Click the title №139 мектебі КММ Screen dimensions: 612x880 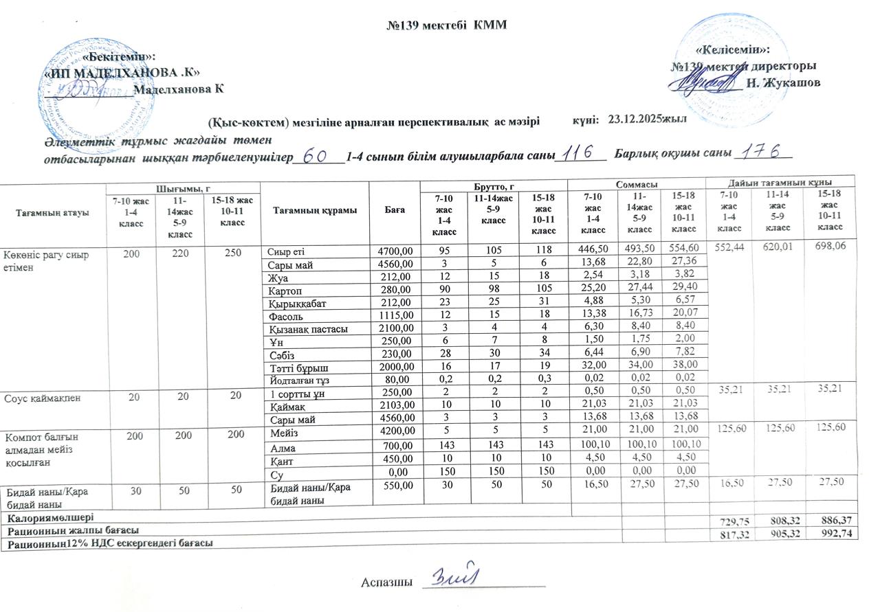tap(446, 25)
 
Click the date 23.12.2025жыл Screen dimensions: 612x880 tap(648, 119)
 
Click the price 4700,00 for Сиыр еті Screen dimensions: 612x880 tap(395, 251)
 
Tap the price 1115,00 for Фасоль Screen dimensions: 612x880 tap(395, 316)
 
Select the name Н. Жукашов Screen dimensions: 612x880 tap(783, 83)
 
